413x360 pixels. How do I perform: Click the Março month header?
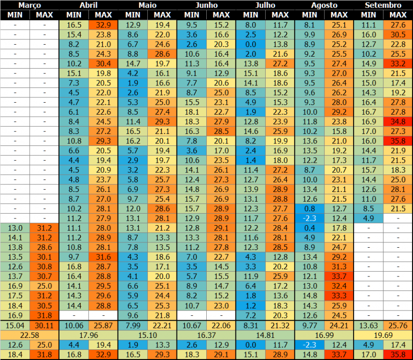(30, 5)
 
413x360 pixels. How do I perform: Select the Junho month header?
(206, 5)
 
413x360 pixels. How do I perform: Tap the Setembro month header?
(383, 5)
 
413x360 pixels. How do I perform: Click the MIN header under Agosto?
(309, 15)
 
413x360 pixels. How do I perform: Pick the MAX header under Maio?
(162, 15)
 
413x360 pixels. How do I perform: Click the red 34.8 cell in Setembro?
(398, 121)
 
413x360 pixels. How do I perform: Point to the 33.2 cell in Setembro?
(398, 63)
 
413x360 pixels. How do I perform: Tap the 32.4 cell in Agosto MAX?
(339, 286)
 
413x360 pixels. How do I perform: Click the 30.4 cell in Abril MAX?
(104, 63)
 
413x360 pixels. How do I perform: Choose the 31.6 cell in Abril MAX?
(104, 257)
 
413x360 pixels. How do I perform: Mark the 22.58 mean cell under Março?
(30, 335)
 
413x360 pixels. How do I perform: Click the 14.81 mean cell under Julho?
(265, 335)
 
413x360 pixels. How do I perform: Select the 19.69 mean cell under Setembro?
(383, 335)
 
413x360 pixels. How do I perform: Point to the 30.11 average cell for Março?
(45, 325)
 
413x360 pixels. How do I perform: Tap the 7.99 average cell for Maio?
(133, 325)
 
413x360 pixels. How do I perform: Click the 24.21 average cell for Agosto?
(339, 325)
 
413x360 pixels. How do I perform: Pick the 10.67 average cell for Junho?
(192, 325)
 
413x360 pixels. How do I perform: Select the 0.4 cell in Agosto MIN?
(309, 228)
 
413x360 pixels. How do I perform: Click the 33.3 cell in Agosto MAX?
(339, 296)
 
